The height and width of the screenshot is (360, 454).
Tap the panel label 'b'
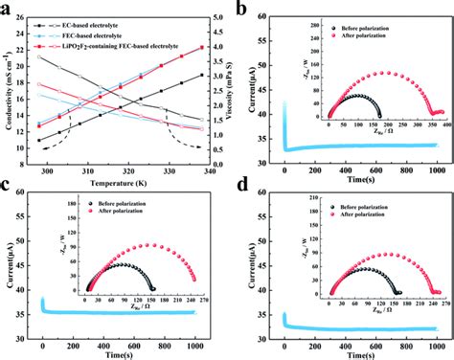(x=243, y=9)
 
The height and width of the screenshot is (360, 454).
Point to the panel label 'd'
(x=243, y=192)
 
